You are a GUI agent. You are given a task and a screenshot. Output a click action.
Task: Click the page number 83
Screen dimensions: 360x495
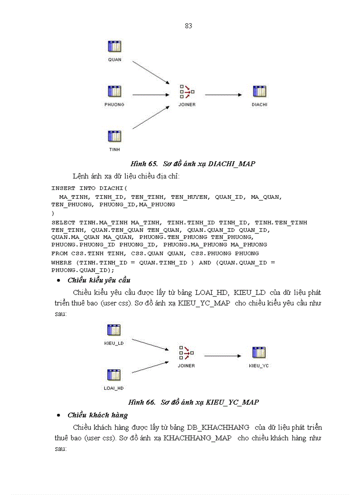pyautogui.click(x=188, y=26)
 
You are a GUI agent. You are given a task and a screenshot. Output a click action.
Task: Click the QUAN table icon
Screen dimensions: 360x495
pyautogui.click(x=115, y=47)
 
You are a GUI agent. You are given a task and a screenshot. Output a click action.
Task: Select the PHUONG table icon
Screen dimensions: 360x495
pyautogui.click(x=115, y=92)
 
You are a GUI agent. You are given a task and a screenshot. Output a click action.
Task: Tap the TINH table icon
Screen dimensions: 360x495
pyautogui.click(x=115, y=136)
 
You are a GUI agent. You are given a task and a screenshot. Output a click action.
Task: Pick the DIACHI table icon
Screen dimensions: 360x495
pyautogui.click(x=259, y=92)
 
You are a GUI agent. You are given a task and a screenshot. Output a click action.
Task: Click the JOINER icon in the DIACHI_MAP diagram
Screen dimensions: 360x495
pyautogui.click(x=187, y=92)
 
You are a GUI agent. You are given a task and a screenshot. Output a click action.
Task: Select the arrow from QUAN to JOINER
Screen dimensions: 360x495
pyautogui.click(x=151, y=72)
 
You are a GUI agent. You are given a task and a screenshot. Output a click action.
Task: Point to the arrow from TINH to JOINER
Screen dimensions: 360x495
pyautogui.click(x=151, y=117)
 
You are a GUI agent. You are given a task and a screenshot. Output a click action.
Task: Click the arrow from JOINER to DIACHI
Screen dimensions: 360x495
pyautogui.click(x=223, y=94)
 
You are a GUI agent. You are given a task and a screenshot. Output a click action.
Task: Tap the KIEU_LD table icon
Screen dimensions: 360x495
pyautogui.click(x=114, y=330)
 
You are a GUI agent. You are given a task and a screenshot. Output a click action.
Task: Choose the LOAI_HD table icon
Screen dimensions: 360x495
pyautogui.click(x=114, y=375)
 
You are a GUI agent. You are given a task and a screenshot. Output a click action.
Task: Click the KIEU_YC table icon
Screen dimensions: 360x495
pyautogui.click(x=259, y=353)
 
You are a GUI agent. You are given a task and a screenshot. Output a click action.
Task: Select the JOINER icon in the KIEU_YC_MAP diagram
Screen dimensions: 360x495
pyautogui.click(x=187, y=353)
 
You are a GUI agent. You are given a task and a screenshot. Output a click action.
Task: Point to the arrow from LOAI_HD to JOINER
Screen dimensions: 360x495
pyautogui.click(x=150, y=367)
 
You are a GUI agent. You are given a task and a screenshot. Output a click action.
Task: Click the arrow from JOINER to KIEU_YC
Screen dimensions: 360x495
pyautogui.click(x=223, y=356)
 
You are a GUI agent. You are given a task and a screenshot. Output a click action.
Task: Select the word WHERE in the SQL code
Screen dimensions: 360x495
pyautogui.click(x=61, y=263)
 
